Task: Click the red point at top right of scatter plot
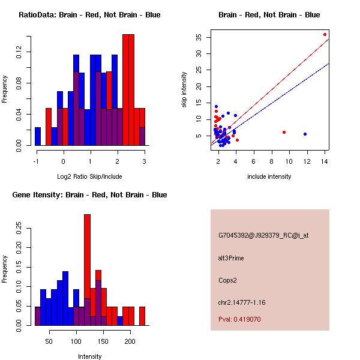point(325,34)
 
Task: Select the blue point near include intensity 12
point(305,134)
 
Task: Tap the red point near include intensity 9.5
point(284,132)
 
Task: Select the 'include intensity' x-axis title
point(269,176)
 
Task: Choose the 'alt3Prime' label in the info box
point(231,258)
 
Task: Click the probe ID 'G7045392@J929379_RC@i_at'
point(263,236)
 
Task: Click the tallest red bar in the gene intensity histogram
point(87,270)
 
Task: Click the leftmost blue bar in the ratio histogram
point(38,136)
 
